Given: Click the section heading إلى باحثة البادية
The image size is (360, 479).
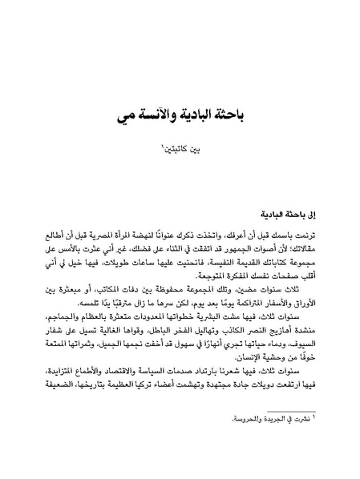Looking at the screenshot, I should pyautogui.click(x=286, y=215).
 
